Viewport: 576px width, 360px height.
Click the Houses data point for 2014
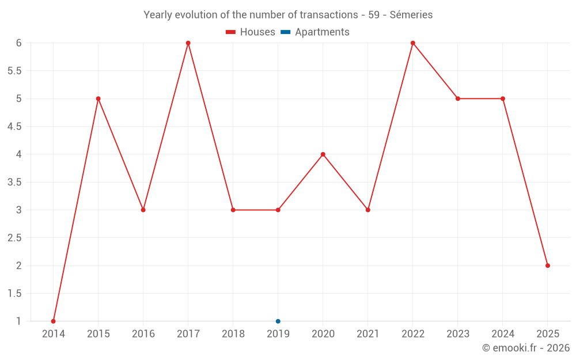54,321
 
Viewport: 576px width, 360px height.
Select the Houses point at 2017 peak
188,43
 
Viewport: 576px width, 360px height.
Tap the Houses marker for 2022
413,43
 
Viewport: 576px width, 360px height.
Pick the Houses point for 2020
323,154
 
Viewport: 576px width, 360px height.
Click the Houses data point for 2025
548,266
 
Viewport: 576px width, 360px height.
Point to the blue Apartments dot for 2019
278,321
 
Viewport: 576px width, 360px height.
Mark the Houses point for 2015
98,98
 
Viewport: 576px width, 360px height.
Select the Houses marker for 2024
503,98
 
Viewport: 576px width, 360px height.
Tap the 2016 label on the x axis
143,334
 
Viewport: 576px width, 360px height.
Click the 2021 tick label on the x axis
368,334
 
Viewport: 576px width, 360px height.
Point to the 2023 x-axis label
458,334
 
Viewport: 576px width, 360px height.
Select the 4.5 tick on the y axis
14,127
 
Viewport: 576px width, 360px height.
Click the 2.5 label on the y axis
14,238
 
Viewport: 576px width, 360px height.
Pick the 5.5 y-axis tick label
14,71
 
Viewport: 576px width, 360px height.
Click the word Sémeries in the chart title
411,15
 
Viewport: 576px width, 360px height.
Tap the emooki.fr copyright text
526,348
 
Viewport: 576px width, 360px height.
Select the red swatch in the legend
231,32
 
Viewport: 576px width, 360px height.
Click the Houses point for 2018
233,210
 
